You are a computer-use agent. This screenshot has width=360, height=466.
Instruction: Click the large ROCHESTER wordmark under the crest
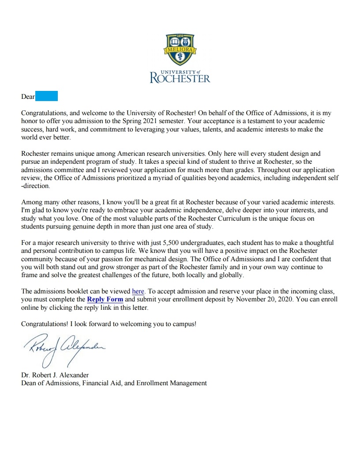[x=180, y=79]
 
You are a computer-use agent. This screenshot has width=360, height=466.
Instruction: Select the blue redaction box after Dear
[x=46, y=96]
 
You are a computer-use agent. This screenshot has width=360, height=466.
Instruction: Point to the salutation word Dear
[x=28, y=97]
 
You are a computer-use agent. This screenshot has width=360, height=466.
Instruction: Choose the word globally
[x=229, y=275]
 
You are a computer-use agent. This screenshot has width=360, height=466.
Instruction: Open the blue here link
[x=138, y=291]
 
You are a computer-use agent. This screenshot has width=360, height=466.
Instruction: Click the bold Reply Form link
[x=105, y=299]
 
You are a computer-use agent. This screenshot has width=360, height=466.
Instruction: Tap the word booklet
[x=75, y=291]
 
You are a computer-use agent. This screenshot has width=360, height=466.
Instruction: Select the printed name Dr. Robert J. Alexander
[x=55, y=375]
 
